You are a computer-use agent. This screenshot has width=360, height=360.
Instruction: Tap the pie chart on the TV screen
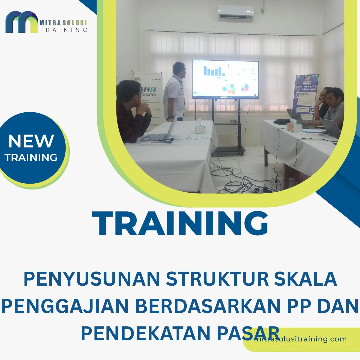pyautogui.click(x=245, y=87)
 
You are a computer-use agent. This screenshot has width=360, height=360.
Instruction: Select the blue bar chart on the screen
pyautogui.click(x=214, y=70)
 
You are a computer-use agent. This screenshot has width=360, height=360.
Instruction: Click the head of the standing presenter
pyautogui.click(x=179, y=69)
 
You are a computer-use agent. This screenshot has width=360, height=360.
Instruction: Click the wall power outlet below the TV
pyautogui.click(x=234, y=121)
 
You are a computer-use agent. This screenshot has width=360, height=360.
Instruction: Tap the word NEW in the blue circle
pyautogui.click(x=31, y=141)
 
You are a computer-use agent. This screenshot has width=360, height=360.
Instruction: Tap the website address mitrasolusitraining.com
pyautogui.click(x=300, y=339)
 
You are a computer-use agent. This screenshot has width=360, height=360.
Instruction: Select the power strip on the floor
pyautogui.click(x=263, y=190)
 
